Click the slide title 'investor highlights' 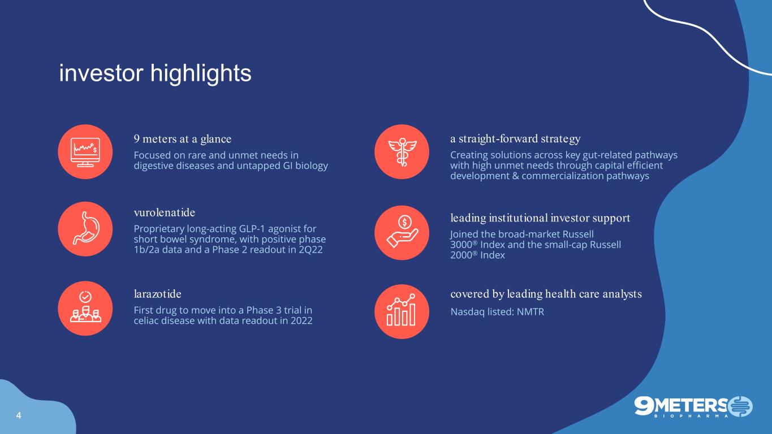[155, 73]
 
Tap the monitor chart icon [85, 152]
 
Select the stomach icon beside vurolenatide [85, 229]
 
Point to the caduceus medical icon [402, 152]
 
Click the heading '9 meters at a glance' [182, 139]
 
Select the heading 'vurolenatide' [165, 212]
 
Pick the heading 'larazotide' [157, 294]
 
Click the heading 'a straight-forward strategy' [515, 139]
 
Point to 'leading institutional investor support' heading [540, 218]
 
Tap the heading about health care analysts [546, 294]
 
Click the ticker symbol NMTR [531, 312]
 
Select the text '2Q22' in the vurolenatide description [310, 250]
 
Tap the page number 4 [19, 415]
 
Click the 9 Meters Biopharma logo [693, 407]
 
